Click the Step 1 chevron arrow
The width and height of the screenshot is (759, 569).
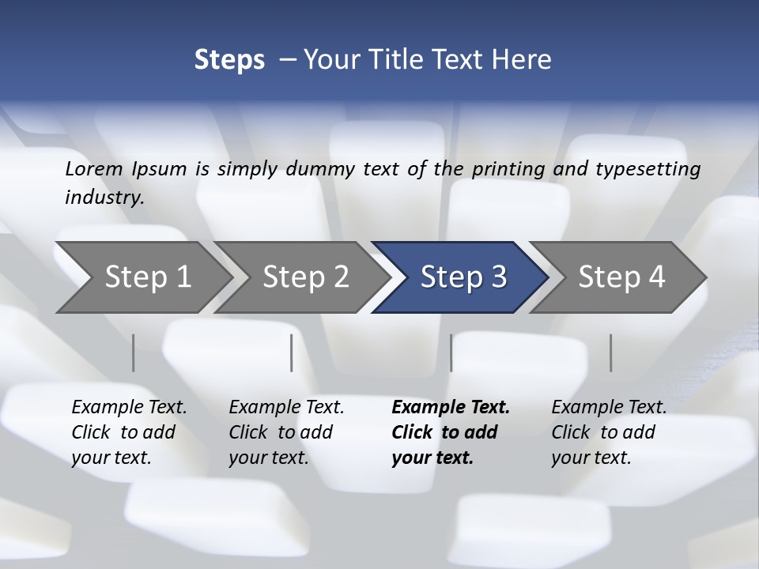147,277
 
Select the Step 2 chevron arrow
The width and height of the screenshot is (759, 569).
305,277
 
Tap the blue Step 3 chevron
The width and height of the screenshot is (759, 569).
463,277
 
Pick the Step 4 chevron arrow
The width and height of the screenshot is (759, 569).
621,277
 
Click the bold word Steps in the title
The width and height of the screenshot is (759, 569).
229,60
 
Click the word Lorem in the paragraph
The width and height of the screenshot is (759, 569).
94,168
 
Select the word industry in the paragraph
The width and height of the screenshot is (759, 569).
104,198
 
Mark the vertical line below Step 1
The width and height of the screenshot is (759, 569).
134,352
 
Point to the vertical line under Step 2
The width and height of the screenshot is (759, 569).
292,352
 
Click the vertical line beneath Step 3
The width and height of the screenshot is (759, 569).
451,352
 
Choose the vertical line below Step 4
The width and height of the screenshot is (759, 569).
611,352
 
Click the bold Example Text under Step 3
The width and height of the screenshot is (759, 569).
451,408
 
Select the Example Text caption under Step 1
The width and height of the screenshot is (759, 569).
129,408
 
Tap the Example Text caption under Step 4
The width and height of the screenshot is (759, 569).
609,408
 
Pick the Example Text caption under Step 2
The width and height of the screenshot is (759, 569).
286,408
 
